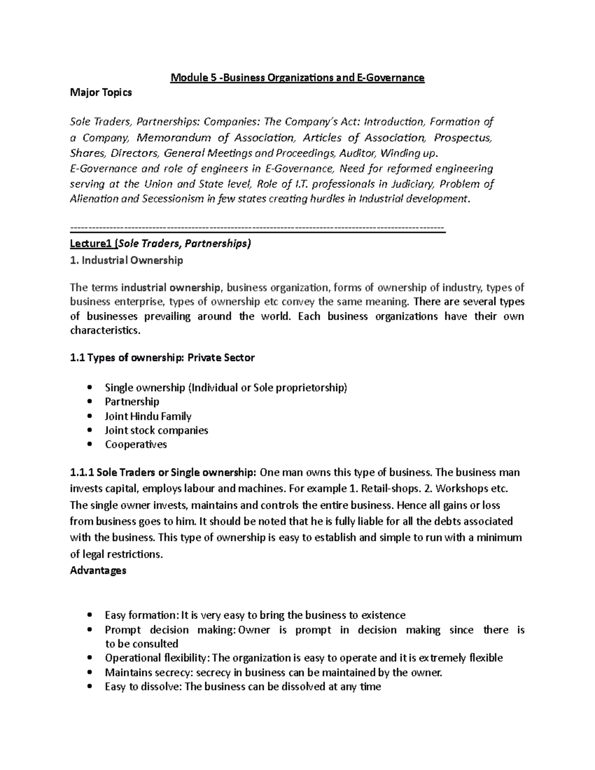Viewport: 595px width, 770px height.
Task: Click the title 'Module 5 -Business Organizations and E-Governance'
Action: [x=297, y=78]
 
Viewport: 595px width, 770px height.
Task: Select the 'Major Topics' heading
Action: [x=101, y=93]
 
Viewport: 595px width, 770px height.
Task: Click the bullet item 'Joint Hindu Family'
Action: [x=148, y=416]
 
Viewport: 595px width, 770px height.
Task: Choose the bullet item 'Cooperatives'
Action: [x=136, y=444]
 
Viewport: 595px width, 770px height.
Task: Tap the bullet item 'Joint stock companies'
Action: [x=156, y=430]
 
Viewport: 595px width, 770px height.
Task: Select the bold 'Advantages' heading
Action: [x=98, y=570]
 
